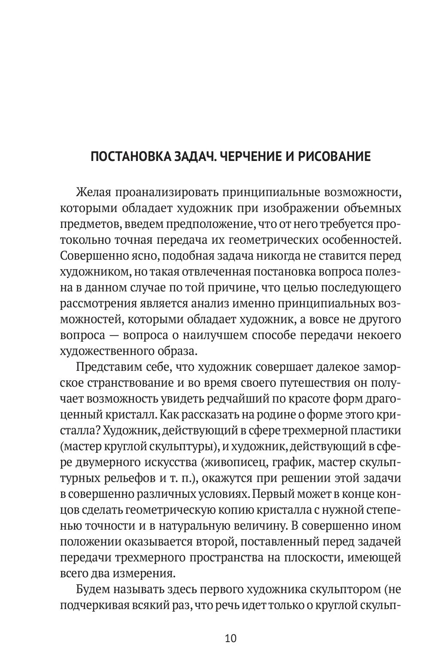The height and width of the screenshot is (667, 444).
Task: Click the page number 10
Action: [x=230, y=638]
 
